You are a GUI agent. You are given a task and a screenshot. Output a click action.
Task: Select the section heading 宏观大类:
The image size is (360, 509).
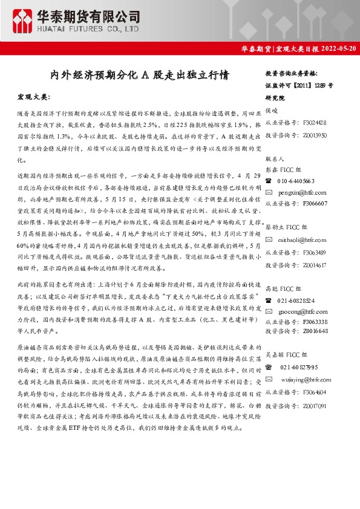(x=34, y=97)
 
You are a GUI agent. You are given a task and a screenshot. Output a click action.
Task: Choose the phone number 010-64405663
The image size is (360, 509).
(x=296, y=180)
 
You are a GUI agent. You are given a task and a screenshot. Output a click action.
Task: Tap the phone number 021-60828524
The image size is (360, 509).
(x=296, y=299)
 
